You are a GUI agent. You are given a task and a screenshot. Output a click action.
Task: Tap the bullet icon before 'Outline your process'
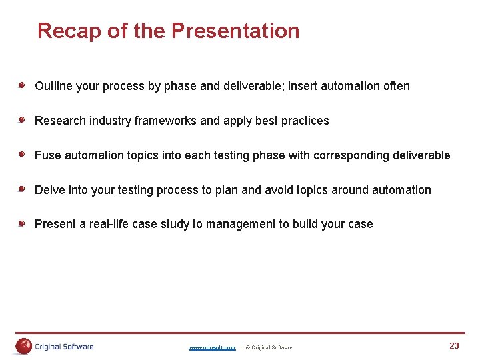(22, 85)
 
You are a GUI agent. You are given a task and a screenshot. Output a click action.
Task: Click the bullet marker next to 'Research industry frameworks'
(22, 120)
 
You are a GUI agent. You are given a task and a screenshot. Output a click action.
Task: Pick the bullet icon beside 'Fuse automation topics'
(22, 155)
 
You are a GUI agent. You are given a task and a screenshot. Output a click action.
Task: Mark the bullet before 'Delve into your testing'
(22, 189)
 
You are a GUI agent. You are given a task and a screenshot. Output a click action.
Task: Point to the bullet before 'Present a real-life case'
(22, 224)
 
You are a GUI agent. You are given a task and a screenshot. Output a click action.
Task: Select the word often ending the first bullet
(396, 86)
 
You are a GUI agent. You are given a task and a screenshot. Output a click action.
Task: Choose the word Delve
(50, 190)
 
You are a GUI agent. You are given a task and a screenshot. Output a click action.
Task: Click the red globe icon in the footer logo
(24, 346)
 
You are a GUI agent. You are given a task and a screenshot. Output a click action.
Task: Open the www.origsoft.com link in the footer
(212, 347)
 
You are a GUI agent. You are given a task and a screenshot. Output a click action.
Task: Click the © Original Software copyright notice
(269, 347)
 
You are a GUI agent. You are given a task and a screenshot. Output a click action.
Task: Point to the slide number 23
(454, 345)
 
